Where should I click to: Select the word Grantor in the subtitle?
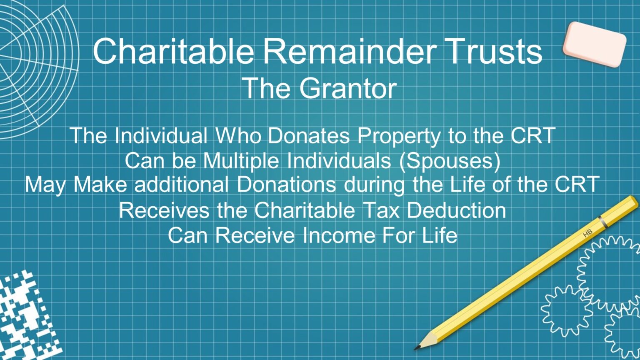347,88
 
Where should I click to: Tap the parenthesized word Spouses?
450,161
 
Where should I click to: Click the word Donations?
286,185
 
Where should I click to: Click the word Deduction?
456,210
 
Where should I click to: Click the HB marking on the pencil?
587,233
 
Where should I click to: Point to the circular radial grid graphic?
33,71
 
